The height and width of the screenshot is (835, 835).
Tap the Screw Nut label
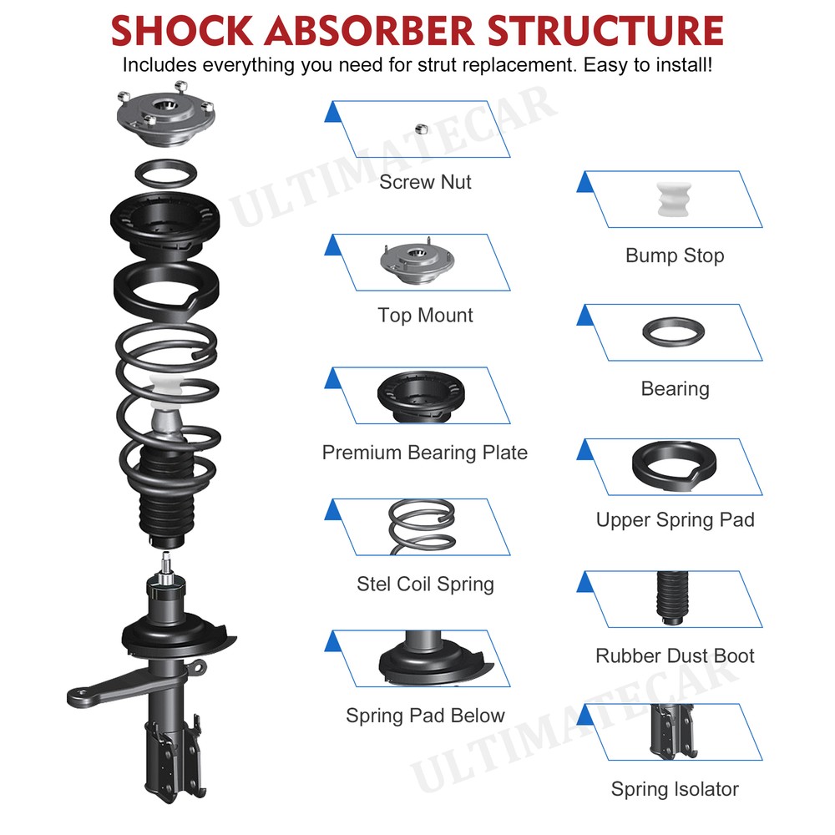coord(425,181)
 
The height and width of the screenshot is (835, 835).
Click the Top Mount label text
coord(425,315)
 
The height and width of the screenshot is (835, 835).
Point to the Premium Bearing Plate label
coord(425,453)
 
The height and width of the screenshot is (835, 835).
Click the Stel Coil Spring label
coord(425,584)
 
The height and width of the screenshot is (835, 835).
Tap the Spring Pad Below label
coord(425,716)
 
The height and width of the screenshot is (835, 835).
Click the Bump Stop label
coord(675,256)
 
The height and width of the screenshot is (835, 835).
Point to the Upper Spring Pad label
coord(675,519)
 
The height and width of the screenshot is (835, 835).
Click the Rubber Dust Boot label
coord(675,655)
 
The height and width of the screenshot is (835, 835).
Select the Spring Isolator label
coord(675,788)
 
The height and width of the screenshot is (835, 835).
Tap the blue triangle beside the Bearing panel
coord(585,314)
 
